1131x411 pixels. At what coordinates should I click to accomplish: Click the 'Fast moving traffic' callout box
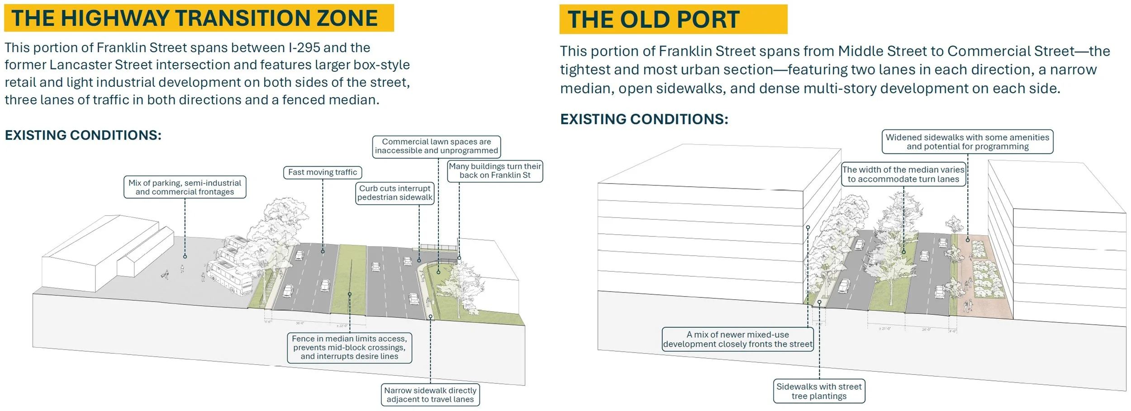(x=322, y=172)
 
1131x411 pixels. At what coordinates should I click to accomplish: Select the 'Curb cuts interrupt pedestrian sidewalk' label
(x=394, y=193)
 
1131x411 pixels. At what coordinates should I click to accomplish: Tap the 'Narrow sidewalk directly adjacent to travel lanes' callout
(x=430, y=395)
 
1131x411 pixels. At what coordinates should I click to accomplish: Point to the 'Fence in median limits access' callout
(x=349, y=347)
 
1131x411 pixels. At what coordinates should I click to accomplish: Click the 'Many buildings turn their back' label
(x=494, y=171)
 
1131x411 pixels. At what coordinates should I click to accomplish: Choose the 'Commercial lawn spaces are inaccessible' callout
(x=436, y=146)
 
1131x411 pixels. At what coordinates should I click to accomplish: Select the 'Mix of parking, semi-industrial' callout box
(x=185, y=187)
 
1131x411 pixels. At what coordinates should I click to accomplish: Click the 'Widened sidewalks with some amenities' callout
(x=967, y=142)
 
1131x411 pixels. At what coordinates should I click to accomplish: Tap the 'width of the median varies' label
(x=903, y=175)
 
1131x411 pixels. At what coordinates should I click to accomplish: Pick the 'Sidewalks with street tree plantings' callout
(x=819, y=391)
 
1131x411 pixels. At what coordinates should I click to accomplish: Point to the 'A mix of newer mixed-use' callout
(x=737, y=339)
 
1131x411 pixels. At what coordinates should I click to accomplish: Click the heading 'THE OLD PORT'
(x=653, y=20)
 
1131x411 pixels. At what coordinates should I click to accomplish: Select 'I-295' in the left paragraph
(x=304, y=48)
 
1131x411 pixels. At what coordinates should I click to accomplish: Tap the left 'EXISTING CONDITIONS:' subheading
(x=83, y=135)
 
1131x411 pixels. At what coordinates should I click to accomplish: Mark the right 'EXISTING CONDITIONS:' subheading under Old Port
(x=644, y=119)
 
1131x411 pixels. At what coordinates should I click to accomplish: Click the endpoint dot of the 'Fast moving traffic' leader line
(x=323, y=251)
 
